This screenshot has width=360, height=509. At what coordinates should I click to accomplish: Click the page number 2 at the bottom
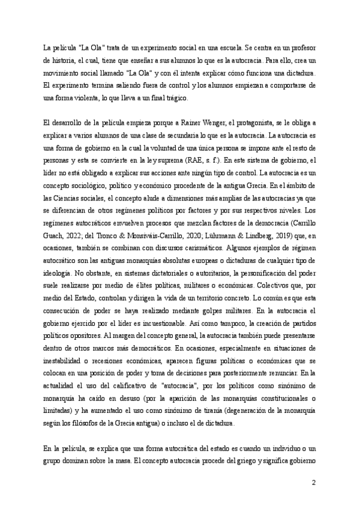[x=314, y=483]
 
